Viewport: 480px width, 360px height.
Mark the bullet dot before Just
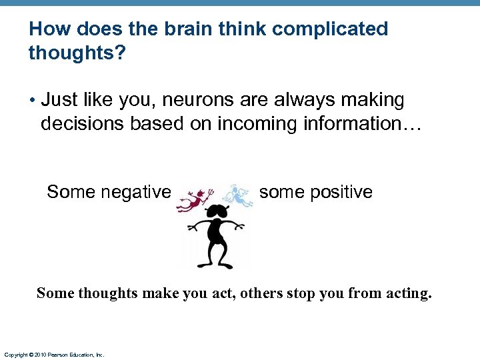tap(31, 101)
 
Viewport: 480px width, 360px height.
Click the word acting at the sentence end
tap(408, 293)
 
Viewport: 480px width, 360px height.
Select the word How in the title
tap(45, 29)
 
